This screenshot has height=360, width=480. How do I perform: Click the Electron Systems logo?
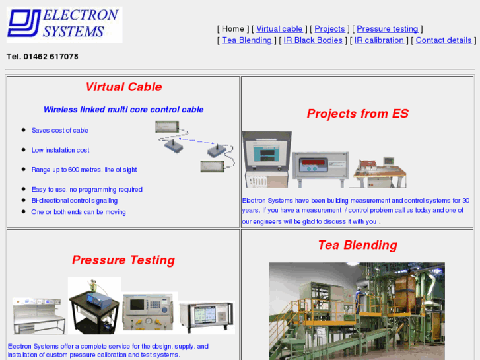pos(64,24)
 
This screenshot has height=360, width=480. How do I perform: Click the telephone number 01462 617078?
pos(42,57)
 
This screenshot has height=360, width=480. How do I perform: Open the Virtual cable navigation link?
pos(279,29)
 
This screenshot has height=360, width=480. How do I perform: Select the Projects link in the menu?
pos(329,29)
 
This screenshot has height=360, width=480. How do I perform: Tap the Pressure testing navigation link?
pos(387,29)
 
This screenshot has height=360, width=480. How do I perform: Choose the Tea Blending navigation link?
pos(246,40)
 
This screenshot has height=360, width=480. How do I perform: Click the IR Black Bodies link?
pos(313,40)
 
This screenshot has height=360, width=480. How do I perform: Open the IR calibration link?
pos(379,40)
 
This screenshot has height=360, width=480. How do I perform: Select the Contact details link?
pos(443,40)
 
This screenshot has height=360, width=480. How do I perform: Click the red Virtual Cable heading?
pos(123,87)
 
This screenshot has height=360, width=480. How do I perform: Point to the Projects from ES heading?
pos(357,114)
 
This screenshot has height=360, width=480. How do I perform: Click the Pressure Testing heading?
pos(123,260)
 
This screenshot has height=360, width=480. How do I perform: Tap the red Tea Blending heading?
pos(357,245)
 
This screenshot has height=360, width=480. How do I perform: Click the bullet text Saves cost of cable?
pos(59,131)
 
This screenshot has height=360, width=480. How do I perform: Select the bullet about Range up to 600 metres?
pos(84,170)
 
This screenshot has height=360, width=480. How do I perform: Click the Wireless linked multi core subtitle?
pos(123,110)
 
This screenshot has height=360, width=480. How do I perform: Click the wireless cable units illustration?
pos(196,147)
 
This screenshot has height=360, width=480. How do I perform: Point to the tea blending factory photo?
pos(357,310)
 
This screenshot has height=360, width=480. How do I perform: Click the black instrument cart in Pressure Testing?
pos(94,305)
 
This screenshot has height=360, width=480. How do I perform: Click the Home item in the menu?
pos(233,29)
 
